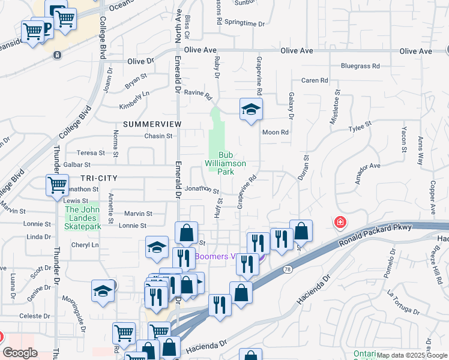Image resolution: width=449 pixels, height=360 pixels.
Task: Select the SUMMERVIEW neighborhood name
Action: pos(152,124)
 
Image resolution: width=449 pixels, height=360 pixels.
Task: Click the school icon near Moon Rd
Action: pos(251,109)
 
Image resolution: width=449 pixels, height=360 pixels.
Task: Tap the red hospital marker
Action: pos(340,223)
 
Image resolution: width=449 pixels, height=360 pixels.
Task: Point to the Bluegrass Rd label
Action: pos(360,65)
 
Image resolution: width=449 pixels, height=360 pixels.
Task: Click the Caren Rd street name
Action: pos(315,80)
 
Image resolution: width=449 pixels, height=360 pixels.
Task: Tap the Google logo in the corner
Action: pos(20,353)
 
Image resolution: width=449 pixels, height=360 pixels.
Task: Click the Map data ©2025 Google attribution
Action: pos(412,355)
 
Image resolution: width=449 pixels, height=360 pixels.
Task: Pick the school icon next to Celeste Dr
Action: pos(103,291)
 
